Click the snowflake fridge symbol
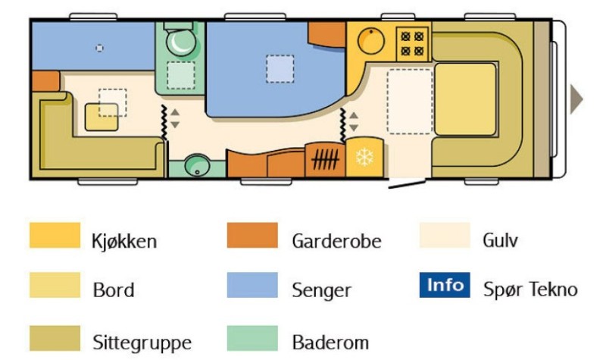click(364, 158)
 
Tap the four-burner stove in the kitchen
click(412, 44)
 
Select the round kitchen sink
click(371, 41)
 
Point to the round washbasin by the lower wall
click(197, 165)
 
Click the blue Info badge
click(445, 285)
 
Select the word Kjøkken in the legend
click(124, 241)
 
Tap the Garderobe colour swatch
click(252, 235)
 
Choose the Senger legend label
click(321, 290)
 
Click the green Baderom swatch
click(252, 338)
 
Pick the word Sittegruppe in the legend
click(142, 343)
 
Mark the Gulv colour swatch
click(445, 235)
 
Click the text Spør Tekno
click(530, 290)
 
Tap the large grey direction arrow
click(576, 99)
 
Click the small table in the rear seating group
click(102, 117)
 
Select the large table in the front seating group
click(465, 99)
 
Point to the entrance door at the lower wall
click(407, 183)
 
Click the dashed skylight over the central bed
click(280, 69)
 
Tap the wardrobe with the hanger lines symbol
click(325, 160)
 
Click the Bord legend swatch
click(55, 285)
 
